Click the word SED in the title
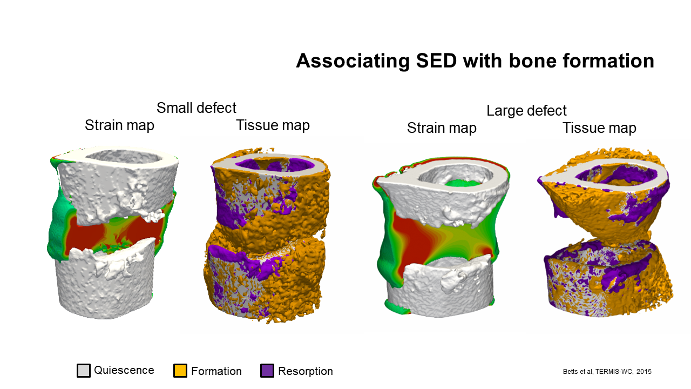click(436, 61)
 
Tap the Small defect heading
click(196, 108)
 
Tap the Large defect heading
click(526, 111)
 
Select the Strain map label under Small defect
click(119, 125)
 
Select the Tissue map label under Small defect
click(273, 125)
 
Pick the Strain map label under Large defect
click(442, 128)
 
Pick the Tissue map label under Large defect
click(599, 128)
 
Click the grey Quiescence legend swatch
click(84, 371)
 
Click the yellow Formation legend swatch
click(180, 371)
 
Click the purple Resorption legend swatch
click(267, 371)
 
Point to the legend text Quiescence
click(124, 370)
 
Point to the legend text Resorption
click(306, 371)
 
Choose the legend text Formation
click(216, 371)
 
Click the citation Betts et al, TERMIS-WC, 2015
click(607, 372)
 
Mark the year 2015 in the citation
click(644, 372)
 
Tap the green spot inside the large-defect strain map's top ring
click(461, 183)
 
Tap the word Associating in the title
click(353, 61)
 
